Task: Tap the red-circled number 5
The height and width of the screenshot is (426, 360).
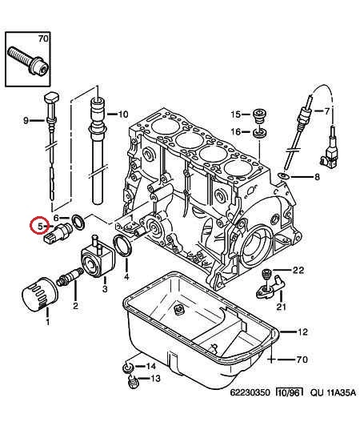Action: [x=40, y=226]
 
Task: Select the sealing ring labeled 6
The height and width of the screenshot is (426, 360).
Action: [x=78, y=221]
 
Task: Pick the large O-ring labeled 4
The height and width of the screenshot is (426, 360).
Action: [x=122, y=246]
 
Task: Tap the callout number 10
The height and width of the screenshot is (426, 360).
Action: [x=123, y=114]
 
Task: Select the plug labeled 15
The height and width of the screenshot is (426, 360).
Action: [x=259, y=115]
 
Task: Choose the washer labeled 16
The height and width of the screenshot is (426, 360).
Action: [x=260, y=134]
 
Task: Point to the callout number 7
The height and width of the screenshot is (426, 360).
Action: [x=326, y=111]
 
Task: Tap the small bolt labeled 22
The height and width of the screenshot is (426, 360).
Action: [x=266, y=274]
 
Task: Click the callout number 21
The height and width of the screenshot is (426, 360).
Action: [x=282, y=307]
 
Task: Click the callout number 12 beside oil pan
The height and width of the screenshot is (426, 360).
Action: [x=302, y=332]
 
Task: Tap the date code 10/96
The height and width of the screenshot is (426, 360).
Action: [x=289, y=392]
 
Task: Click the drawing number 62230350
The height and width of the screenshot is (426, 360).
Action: [x=250, y=392]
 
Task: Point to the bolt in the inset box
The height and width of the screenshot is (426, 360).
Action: [x=28, y=62]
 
